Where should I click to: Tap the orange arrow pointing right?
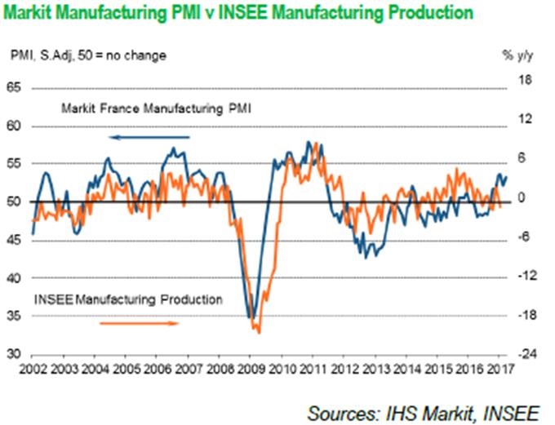coord(139,323)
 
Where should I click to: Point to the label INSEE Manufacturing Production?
coord(128,299)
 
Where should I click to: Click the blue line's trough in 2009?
coord(253,319)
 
